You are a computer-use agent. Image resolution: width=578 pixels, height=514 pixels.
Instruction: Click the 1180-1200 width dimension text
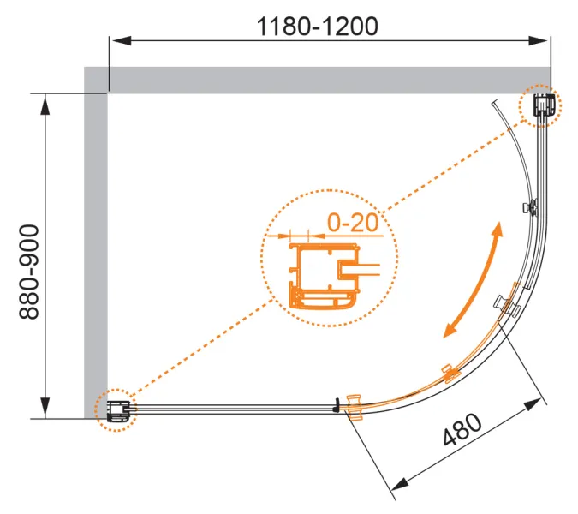[x=317, y=27]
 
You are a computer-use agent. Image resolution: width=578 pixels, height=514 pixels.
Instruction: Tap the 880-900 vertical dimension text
[x=29, y=272]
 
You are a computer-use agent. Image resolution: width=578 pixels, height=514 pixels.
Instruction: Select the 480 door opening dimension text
[x=462, y=429]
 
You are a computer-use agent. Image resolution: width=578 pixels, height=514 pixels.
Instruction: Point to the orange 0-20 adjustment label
[x=353, y=223]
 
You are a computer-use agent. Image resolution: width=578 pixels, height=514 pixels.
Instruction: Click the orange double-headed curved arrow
[x=474, y=279]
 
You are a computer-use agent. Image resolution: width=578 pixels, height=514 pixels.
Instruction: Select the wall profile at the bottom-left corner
[x=119, y=411]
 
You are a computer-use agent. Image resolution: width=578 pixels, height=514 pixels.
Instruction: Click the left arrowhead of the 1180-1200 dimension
[x=121, y=40]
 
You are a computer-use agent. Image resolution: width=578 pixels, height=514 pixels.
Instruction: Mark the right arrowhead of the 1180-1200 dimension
[x=539, y=40]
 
